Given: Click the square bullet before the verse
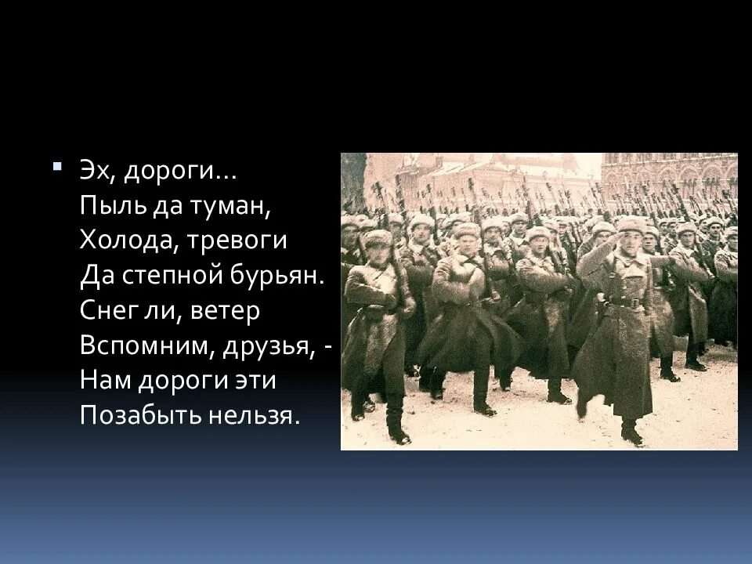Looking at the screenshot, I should pyautogui.click(x=57, y=168).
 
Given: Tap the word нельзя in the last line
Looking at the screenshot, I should pyautogui.click(x=259, y=416).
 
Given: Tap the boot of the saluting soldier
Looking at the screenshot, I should pyautogui.click(x=631, y=432).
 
